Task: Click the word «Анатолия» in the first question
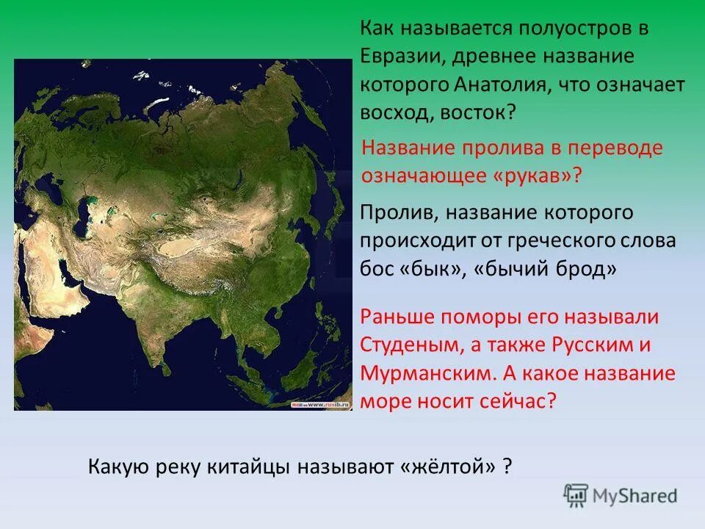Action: [500, 84]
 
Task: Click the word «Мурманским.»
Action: [425, 373]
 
